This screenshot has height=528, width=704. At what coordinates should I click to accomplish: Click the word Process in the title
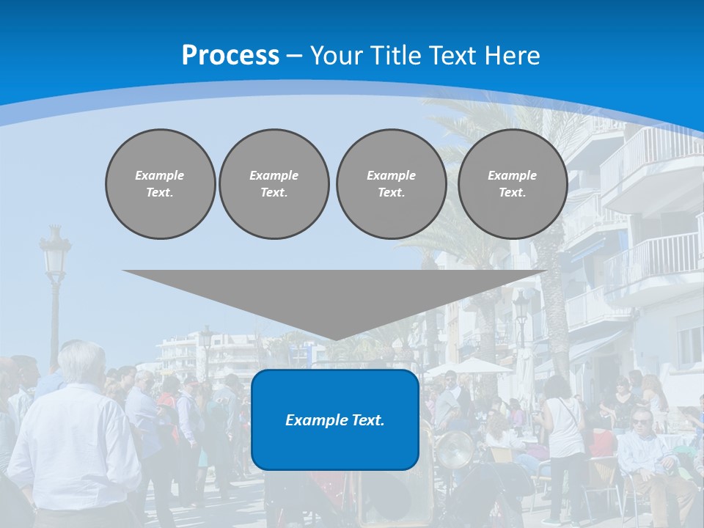(230, 56)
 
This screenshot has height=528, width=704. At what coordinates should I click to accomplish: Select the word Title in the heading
(400, 56)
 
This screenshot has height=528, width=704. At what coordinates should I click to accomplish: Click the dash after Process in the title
(295, 56)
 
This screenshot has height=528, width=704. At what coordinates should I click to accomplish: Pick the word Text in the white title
(455, 56)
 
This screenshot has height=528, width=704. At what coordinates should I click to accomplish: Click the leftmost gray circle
(161, 184)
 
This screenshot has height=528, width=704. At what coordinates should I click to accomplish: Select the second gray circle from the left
(274, 184)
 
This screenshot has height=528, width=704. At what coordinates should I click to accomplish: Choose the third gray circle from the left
(392, 184)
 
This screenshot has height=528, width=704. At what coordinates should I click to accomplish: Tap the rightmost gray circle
(513, 184)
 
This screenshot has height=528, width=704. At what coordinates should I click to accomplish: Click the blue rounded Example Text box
(335, 419)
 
